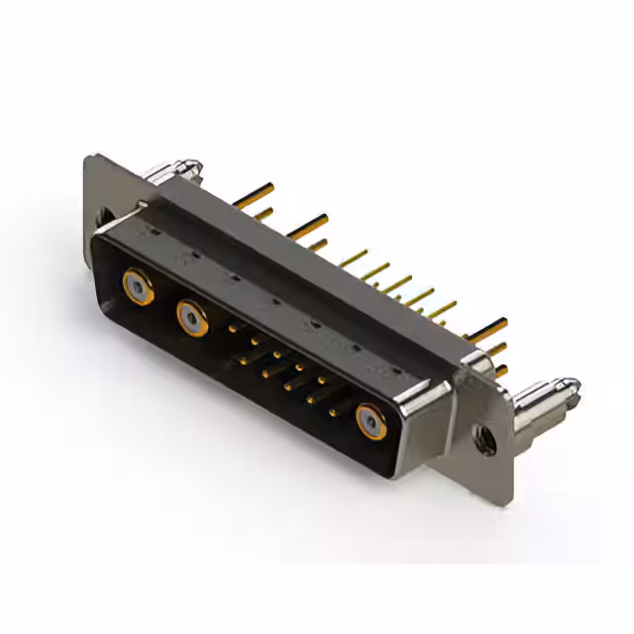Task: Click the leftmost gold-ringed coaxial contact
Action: [137, 287]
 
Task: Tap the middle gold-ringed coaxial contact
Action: [191, 318]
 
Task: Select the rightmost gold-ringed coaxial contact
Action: [371, 420]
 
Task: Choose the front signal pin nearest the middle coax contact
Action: [234, 326]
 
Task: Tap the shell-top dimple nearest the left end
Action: [152, 230]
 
